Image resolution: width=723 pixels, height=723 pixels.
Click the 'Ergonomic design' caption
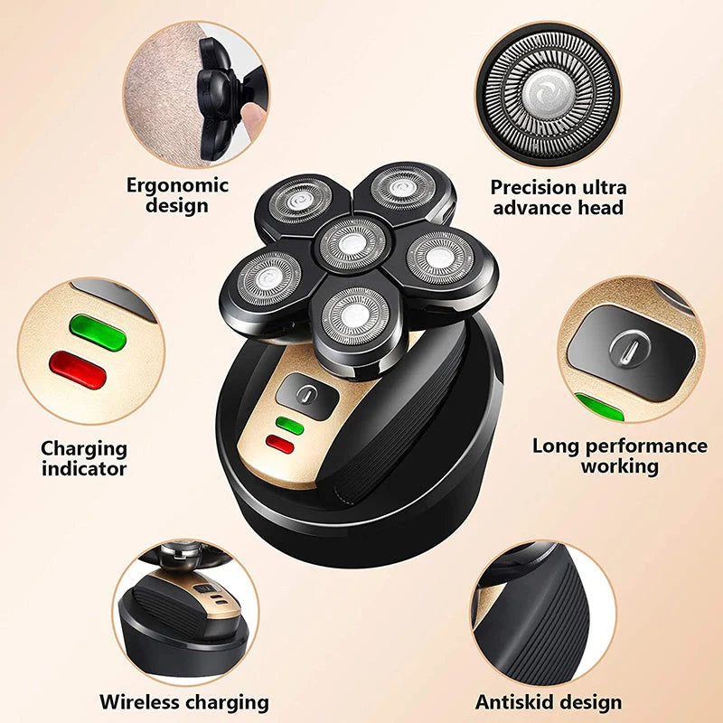pyautogui.click(x=178, y=195)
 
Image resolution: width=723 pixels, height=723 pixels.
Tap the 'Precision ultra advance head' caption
pyautogui.click(x=558, y=197)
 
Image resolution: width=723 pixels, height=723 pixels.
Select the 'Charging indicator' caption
pyautogui.click(x=84, y=457)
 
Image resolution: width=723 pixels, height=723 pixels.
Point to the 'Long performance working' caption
pyautogui.click(x=619, y=455)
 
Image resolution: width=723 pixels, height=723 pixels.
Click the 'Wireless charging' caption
pyautogui.click(x=184, y=701)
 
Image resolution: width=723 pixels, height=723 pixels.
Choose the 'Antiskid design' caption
pyautogui.click(x=549, y=701)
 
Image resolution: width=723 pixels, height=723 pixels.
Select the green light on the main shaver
pyautogui.click(x=289, y=425)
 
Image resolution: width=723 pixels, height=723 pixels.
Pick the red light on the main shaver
pyautogui.click(x=280, y=443)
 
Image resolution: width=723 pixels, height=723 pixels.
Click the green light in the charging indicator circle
pyautogui.click(x=97, y=332)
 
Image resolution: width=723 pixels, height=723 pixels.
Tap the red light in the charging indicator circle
pyautogui.click(x=77, y=370)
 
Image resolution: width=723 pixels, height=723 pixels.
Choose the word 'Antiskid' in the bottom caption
pyautogui.click(x=515, y=701)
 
